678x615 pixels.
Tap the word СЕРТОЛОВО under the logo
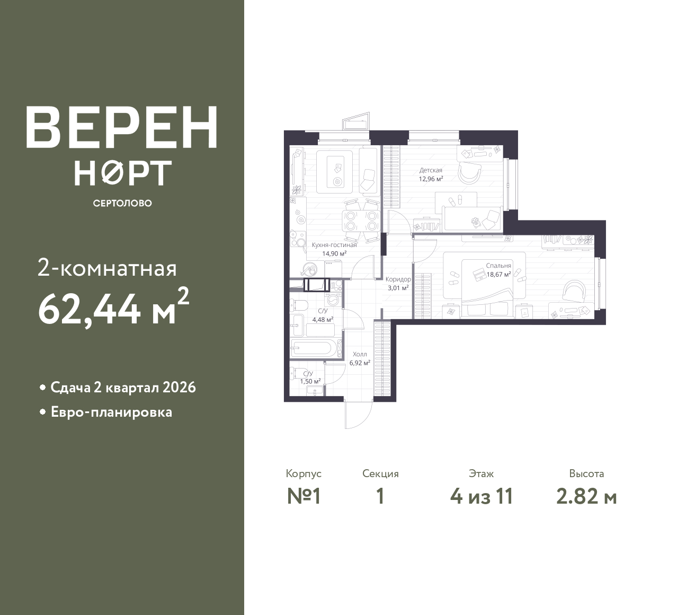coord(122,203)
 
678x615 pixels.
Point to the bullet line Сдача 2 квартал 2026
coord(123,388)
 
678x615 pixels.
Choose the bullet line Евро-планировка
coord(111,412)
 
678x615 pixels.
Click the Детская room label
coord(431,170)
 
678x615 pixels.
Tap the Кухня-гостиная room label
coord(334,245)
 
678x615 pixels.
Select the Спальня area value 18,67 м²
coord(498,275)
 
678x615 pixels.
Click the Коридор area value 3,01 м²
coord(398,288)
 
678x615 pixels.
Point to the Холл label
coord(360,354)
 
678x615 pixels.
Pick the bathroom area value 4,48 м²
coord(323,320)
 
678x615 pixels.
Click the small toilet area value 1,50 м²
coord(310,381)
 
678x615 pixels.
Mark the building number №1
coord(304,496)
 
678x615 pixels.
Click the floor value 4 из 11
coord(481,496)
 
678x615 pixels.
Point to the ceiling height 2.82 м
coord(586,496)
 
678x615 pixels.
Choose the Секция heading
coord(380,473)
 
